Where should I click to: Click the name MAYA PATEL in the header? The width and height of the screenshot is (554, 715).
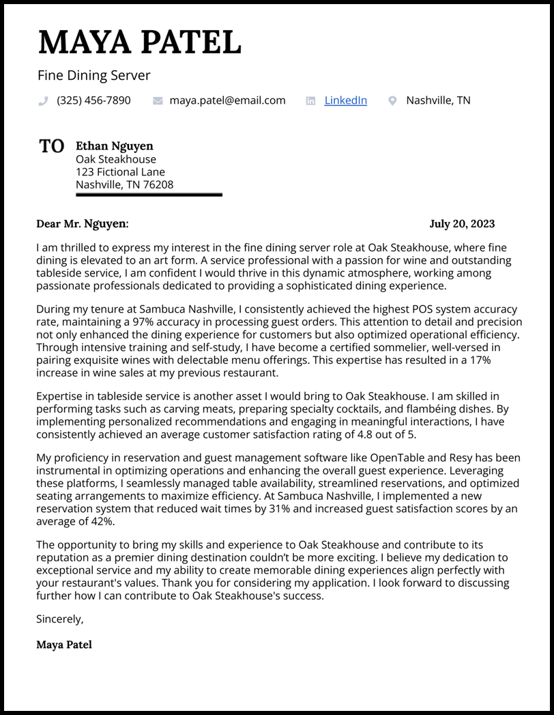pos(140,42)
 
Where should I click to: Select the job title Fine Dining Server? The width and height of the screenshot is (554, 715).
pos(94,75)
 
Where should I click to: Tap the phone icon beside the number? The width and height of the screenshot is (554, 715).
pos(44,101)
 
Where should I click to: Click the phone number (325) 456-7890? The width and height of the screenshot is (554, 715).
pos(93,100)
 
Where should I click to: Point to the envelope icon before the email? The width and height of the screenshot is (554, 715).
pos(158,101)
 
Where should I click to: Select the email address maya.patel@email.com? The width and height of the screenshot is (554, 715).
pos(227,100)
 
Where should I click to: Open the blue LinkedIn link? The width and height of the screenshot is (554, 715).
pos(345,100)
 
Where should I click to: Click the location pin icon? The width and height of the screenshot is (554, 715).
pos(392,101)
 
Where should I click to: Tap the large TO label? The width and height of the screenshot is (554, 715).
pos(52,146)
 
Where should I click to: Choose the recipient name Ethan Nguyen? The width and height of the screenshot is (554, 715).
pos(115,146)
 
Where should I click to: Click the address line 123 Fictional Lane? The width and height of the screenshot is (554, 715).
pos(120,172)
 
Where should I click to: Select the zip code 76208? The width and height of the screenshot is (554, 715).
pos(157,185)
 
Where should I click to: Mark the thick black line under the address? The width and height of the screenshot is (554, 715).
pos(149,195)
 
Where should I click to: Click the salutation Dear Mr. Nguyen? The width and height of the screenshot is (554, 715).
pos(82,224)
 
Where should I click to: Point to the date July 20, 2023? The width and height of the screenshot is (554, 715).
pos(462,224)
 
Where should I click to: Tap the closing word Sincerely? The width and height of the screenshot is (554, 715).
pos(60,619)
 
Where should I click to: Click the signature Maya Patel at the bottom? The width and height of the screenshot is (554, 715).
pos(64,645)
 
